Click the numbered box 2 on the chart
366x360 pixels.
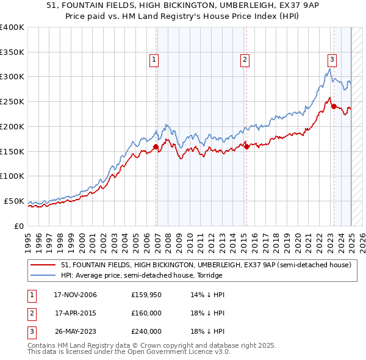244,60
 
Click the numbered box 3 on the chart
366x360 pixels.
332,60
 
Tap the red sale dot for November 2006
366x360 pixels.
156,146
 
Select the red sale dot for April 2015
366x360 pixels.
247,146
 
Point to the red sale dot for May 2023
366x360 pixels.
334,106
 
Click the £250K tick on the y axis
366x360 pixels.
12,101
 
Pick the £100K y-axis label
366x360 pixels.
12,176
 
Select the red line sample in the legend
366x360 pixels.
43,265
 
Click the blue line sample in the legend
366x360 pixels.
43,275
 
